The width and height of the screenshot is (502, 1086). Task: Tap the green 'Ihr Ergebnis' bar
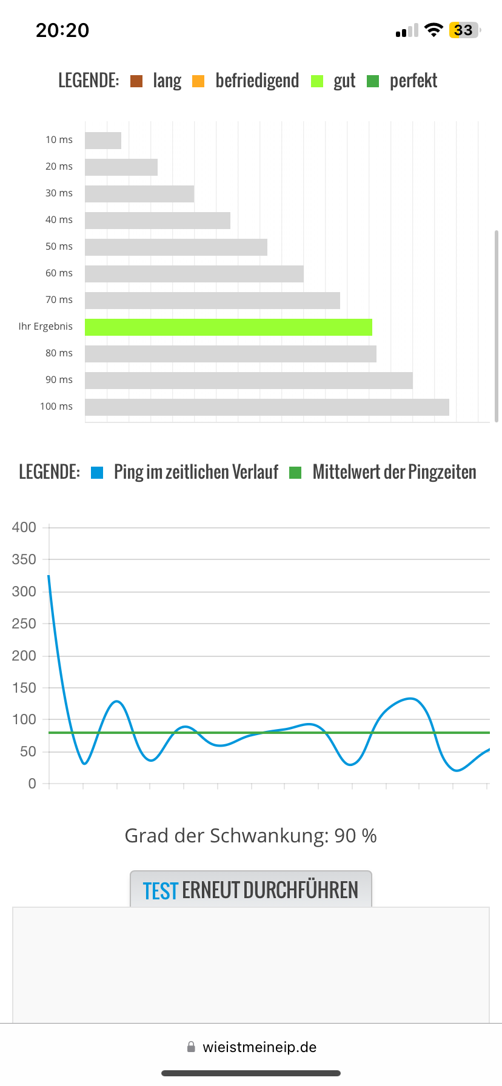228,327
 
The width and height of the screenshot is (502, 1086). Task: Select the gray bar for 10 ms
103,141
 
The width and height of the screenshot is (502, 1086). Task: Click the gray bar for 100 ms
267,407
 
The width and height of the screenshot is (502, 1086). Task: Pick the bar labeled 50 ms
176,247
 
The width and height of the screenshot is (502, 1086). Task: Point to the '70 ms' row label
59,299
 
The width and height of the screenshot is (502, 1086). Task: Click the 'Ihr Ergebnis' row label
45,326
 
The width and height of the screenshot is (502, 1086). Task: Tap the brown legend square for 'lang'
136,81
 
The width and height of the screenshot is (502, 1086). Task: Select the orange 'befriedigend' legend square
198,81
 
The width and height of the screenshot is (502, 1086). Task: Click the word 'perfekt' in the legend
413,81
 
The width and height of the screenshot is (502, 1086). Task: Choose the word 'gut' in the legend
344,81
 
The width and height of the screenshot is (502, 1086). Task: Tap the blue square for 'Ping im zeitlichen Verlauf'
97,473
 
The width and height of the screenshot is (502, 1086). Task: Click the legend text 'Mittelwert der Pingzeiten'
394,472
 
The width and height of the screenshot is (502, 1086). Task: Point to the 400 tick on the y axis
24,527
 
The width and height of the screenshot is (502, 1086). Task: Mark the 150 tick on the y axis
24,688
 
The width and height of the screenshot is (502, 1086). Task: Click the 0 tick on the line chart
32,784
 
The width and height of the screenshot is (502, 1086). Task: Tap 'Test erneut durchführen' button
250,890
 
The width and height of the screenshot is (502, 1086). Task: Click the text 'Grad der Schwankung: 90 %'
250,836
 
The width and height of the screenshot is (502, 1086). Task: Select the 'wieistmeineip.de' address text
259,1047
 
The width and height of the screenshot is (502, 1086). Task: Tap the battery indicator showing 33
464,30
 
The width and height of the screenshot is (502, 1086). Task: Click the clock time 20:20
62,30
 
